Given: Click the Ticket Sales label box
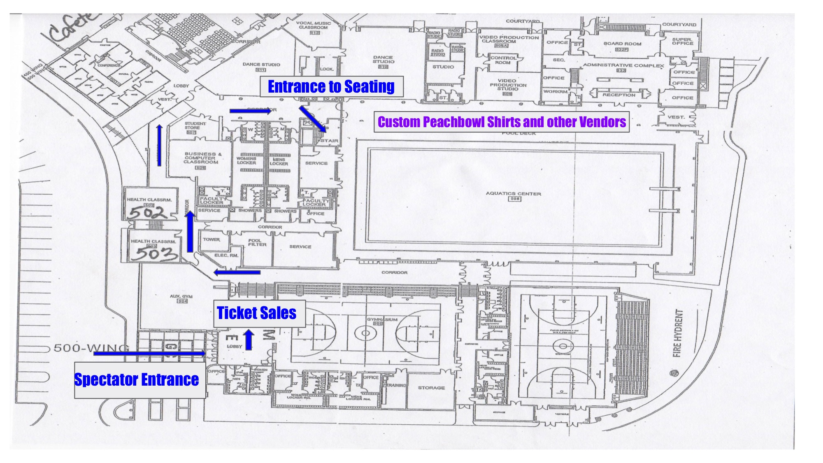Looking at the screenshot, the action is (x=259, y=313).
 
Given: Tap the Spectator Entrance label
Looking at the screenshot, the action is (x=137, y=379).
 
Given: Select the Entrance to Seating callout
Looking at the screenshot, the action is (x=331, y=86).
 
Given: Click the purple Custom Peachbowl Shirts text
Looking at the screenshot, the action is (x=502, y=122).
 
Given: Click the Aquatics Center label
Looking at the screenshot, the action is (x=513, y=193).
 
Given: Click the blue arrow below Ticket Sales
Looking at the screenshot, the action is (x=249, y=340).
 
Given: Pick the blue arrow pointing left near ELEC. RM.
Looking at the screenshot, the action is (x=237, y=272).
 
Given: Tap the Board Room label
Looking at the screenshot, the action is (x=622, y=44).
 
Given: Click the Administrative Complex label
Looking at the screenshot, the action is (x=623, y=65).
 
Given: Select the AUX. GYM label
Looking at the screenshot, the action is (x=181, y=296).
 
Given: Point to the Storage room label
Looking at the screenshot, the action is (x=431, y=388).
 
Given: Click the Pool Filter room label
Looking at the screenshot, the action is (x=257, y=242).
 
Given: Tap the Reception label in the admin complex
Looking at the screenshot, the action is (x=619, y=95).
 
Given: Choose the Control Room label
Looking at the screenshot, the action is (x=502, y=60).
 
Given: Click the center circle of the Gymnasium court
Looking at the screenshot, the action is (x=365, y=333).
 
